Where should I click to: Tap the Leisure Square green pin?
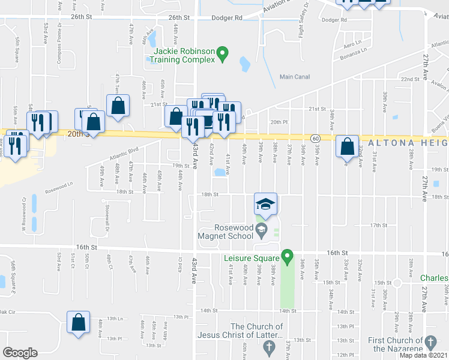(x=287, y=257)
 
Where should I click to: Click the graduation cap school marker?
(x=265, y=204)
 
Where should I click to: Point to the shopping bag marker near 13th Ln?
(x=78, y=322)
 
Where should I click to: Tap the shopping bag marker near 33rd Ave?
(x=348, y=146)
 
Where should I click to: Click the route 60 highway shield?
(x=316, y=138)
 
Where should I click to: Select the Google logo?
(x=20, y=353)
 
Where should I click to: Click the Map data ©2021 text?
(x=423, y=355)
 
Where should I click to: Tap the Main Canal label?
(x=295, y=76)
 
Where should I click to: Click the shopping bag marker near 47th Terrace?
(x=118, y=105)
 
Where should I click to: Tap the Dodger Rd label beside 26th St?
(x=231, y=18)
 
